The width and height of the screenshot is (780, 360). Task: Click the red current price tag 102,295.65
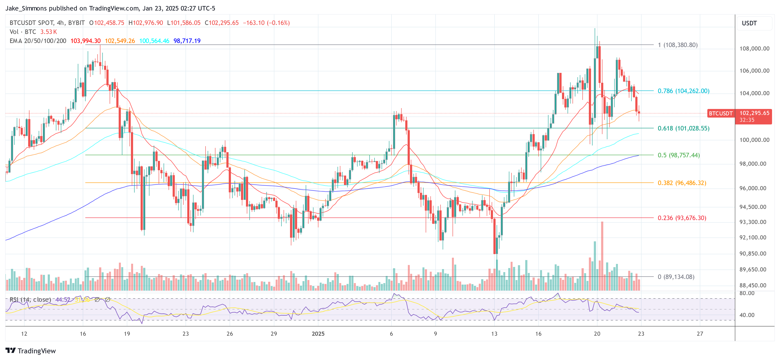(x=754, y=113)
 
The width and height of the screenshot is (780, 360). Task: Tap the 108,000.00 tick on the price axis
(x=754, y=48)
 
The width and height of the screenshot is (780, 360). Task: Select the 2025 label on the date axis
(x=318, y=334)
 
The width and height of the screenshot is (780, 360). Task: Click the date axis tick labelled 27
(x=700, y=334)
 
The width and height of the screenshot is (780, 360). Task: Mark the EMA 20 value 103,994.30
(x=85, y=41)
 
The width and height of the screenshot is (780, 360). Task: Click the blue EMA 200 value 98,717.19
(x=187, y=41)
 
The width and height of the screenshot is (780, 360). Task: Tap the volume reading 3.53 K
(x=48, y=32)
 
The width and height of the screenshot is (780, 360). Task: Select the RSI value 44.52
(x=63, y=299)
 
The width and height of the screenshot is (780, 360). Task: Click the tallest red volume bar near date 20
(x=602, y=256)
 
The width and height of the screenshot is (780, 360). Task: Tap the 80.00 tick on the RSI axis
(x=747, y=293)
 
